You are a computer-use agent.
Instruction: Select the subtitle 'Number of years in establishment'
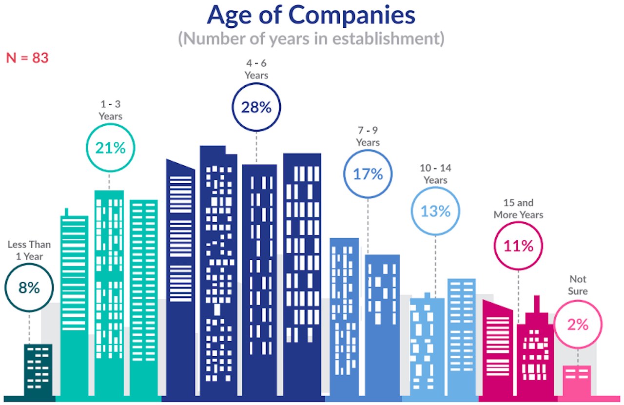coord(311,39)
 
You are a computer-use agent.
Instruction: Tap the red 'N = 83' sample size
coord(27,58)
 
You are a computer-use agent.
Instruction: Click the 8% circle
coord(29,288)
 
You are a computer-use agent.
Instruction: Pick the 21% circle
coord(110,148)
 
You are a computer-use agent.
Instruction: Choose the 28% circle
coord(256,107)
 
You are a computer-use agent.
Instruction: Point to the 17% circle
coord(368,174)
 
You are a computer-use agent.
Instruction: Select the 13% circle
coord(435,211)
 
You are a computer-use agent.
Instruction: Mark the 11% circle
coord(518,246)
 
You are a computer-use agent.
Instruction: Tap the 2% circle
coord(578,324)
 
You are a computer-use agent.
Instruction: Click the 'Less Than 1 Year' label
coord(29,251)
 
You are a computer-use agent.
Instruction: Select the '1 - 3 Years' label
coord(110,111)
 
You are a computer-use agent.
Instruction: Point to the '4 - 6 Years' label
coord(256,69)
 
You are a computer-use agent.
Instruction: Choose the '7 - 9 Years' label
coord(368,136)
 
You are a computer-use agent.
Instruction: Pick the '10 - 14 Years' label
coord(435,174)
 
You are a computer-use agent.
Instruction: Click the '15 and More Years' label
coord(518,209)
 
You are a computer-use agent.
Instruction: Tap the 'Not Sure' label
coord(578,285)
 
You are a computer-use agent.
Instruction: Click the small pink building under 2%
coord(577,380)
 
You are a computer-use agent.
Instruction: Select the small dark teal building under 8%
coord(38,370)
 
